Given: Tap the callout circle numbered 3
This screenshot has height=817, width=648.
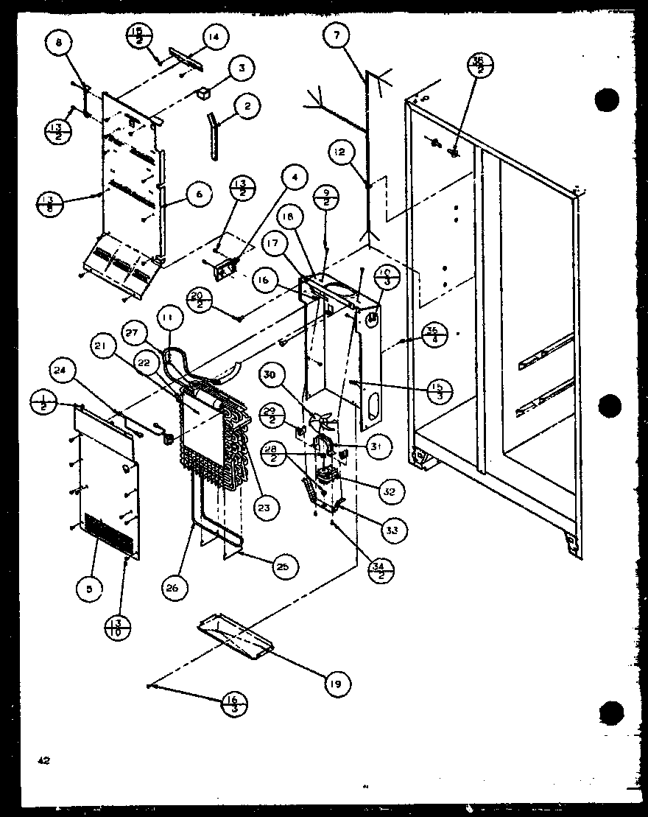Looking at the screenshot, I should tap(240, 69).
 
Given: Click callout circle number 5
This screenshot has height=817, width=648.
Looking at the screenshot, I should tap(88, 589).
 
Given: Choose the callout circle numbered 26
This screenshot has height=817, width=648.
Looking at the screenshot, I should tap(177, 589).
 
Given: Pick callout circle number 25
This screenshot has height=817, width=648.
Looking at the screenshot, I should tap(281, 565).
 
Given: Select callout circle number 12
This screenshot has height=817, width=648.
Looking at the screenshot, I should tap(338, 152).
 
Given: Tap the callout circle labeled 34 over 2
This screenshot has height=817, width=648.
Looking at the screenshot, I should tap(380, 571).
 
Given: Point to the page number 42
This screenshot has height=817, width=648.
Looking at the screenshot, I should tap(43, 761).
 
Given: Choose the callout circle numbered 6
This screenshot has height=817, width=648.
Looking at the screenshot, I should tap(199, 194).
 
